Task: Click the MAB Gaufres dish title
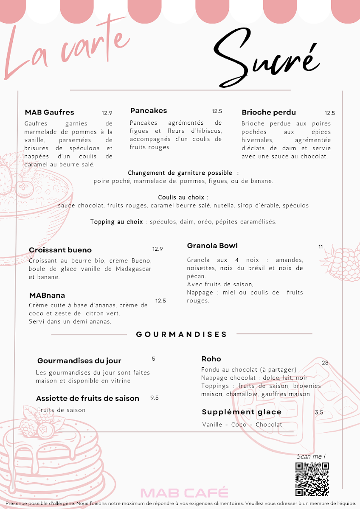pyautogui.click(x=49, y=112)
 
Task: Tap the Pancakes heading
pyautogui.click(x=149, y=111)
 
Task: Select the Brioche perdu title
pyautogui.click(x=269, y=112)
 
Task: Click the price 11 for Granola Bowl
pyautogui.click(x=321, y=246)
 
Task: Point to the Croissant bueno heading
pyautogui.click(x=60, y=250)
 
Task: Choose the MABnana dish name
pyautogui.click(x=47, y=295)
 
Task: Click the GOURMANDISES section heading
pyautogui.click(x=182, y=334)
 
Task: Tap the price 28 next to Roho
pyautogui.click(x=325, y=363)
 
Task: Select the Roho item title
pyautogui.click(x=211, y=359)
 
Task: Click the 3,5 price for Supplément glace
pyautogui.click(x=319, y=412)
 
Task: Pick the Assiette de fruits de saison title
pyautogui.click(x=87, y=398)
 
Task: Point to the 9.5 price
pyautogui.click(x=155, y=398)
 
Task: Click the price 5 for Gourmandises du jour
pyautogui.click(x=153, y=359)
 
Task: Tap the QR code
pyautogui.click(x=312, y=479)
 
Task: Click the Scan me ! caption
pyautogui.click(x=311, y=456)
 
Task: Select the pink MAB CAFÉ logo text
pyautogui.click(x=184, y=493)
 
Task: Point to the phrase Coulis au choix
pyautogui.click(x=183, y=197)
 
